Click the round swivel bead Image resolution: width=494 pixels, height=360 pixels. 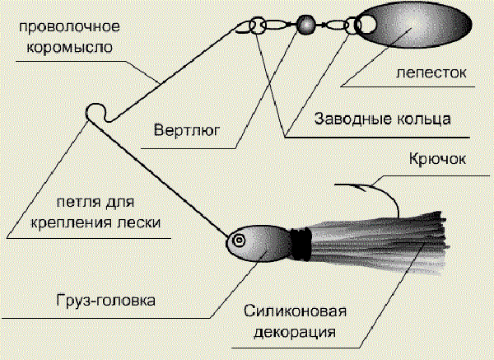[307, 24]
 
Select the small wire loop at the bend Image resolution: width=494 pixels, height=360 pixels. [97, 111]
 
